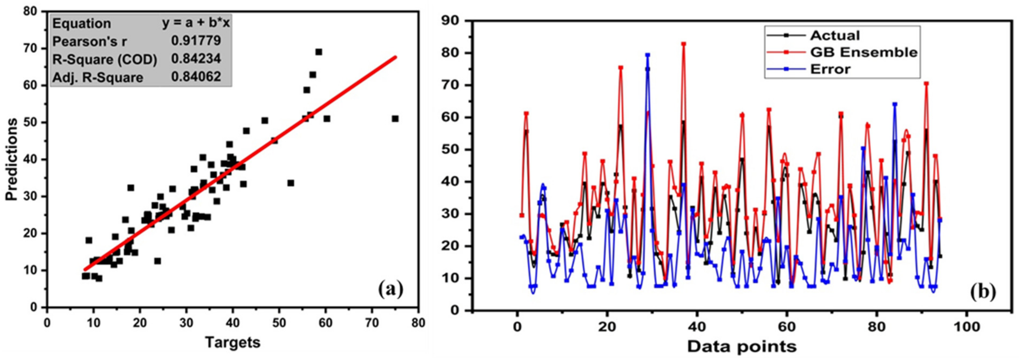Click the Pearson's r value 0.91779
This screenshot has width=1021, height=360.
[x=196, y=41]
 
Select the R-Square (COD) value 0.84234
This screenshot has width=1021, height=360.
[x=196, y=59]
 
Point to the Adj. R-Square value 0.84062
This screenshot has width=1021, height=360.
[x=196, y=77]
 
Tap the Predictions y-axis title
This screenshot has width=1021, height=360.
[x=12, y=159]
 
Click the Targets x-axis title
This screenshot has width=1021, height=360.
[x=233, y=342]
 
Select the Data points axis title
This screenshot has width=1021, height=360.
[x=742, y=347]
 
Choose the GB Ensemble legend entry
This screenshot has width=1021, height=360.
[x=863, y=52]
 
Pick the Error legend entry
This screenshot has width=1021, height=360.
[x=830, y=69]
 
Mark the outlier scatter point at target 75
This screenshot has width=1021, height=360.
[x=395, y=119]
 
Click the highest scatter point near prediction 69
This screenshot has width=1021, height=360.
[x=319, y=52]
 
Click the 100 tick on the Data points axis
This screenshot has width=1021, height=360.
[x=966, y=327]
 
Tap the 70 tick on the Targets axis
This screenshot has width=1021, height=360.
[x=372, y=323]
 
